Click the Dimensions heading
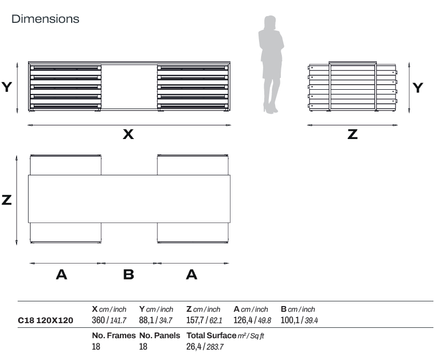coord(45,19)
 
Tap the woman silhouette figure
coord(271,62)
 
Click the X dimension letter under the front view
coord(128,134)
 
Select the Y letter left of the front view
coord(7,87)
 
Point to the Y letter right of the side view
coord(418,88)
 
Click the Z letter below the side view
coord(352,134)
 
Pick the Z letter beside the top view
coord(7,200)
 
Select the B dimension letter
coord(129,275)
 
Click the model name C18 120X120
coord(46,321)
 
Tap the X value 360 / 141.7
coord(109,321)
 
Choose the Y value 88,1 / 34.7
coord(156,321)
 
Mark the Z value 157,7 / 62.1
coord(204,321)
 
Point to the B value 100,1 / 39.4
coord(299,321)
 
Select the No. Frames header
coord(114,336)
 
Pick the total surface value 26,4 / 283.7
coord(205,347)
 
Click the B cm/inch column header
coord(298,309)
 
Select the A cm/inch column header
coord(251,309)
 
